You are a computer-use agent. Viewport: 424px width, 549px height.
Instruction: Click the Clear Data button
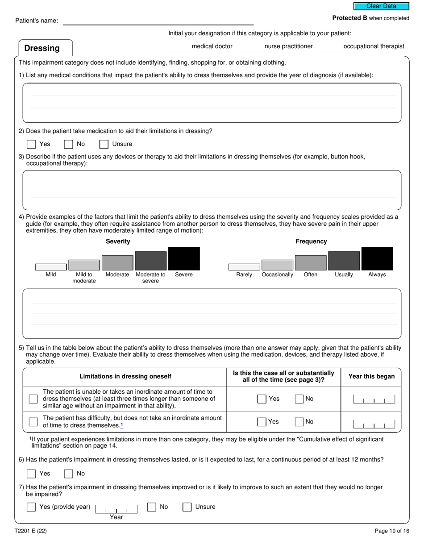click(x=381, y=6)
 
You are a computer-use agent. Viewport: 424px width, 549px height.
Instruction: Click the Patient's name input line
click(x=158, y=21)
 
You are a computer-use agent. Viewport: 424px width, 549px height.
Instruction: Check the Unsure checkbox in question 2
click(x=104, y=144)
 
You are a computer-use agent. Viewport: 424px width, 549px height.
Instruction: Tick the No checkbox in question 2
click(x=68, y=144)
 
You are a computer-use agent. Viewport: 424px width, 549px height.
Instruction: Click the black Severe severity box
click(x=184, y=258)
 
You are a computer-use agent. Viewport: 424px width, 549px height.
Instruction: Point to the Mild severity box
click(x=51, y=266)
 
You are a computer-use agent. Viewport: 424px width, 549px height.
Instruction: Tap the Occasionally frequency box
click(x=277, y=265)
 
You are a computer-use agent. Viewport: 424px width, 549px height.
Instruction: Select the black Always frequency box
click(x=377, y=258)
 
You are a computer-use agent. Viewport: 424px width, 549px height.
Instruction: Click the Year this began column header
click(x=371, y=376)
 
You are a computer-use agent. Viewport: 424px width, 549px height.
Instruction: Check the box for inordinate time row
click(x=33, y=399)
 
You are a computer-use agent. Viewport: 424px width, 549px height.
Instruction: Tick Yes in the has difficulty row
click(x=262, y=422)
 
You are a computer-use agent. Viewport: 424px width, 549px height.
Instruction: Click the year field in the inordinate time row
click(x=374, y=399)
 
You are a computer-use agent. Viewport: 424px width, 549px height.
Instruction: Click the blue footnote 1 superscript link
click(x=122, y=425)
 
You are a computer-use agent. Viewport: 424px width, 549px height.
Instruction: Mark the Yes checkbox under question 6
click(x=31, y=474)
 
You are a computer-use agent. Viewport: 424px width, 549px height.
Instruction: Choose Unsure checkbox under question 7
click(x=187, y=507)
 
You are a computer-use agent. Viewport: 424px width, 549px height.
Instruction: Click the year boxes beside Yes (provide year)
click(x=116, y=508)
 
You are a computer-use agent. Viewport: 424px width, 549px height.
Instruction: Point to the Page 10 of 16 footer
click(x=392, y=531)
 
